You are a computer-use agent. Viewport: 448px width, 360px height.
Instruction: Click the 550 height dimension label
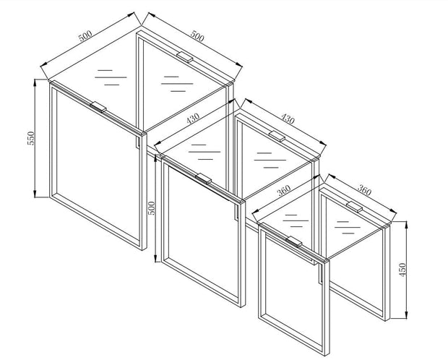[31, 138]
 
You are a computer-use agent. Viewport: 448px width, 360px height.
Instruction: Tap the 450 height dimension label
[402, 270]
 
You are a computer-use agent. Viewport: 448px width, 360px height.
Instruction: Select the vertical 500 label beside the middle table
[151, 208]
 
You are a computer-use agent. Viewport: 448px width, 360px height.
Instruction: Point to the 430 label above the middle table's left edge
[193, 118]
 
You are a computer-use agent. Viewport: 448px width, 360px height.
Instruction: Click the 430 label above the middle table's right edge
[288, 119]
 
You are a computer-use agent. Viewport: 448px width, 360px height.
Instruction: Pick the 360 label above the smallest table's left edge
[284, 190]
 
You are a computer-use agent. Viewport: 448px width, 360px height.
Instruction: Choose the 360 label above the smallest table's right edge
[364, 190]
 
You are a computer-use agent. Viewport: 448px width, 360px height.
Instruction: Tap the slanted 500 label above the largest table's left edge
[85, 35]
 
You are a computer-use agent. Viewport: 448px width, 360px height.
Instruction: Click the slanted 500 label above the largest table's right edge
[197, 36]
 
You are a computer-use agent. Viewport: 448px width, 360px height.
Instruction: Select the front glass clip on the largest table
[98, 107]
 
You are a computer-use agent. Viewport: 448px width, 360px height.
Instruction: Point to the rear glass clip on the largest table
[185, 56]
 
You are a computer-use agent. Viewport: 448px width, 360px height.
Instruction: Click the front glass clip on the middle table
[204, 179]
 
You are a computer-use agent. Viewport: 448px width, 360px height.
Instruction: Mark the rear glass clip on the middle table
[277, 136]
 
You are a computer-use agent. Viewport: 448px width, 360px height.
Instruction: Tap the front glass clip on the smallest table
[294, 241]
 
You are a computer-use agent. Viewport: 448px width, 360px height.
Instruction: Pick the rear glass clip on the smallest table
[354, 207]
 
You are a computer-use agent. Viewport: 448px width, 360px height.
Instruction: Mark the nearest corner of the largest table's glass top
[142, 133]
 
